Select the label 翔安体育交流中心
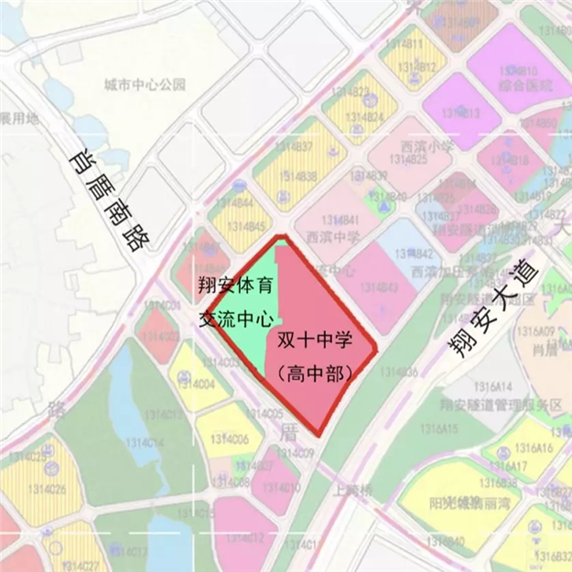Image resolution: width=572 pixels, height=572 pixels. (x=237, y=302)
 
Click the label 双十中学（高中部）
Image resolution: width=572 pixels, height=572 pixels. (x=314, y=355)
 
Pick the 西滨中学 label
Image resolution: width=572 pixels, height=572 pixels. (x=333, y=237)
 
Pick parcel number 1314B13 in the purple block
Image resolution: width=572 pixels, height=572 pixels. (x=460, y=113)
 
